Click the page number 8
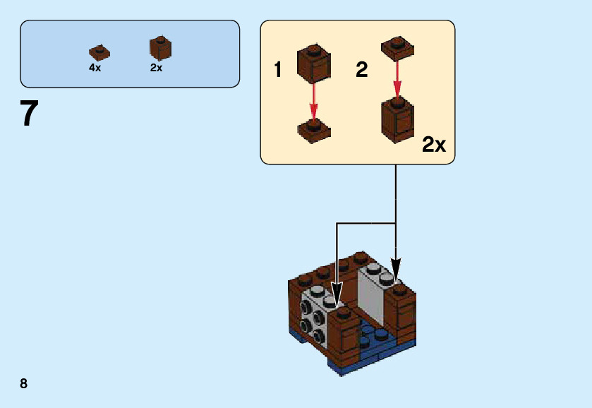[24, 383]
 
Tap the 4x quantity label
[95, 68]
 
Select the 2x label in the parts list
[156, 68]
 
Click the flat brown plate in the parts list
[99, 52]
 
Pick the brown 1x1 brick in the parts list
[160, 48]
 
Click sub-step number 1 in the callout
[278, 70]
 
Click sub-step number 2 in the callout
[361, 70]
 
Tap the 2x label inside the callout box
[434, 145]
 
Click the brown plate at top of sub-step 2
[397, 48]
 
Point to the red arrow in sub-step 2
[397, 78]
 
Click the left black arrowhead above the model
[337, 294]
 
